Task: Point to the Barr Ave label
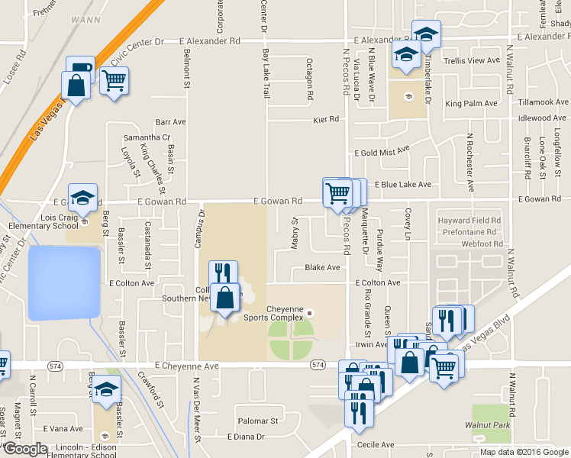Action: click(x=170, y=121)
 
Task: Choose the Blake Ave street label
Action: click(x=322, y=268)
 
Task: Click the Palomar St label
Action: click(x=257, y=421)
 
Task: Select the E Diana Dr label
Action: click(x=246, y=437)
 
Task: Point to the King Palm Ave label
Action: click(x=472, y=104)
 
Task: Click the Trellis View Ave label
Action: click(x=471, y=60)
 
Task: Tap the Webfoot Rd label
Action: click(x=482, y=244)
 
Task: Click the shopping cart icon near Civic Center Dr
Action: click(x=114, y=80)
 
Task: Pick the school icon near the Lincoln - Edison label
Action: click(x=107, y=389)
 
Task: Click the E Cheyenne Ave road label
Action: click(x=185, y=366)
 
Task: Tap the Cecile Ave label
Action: click(x=374, y=444)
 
